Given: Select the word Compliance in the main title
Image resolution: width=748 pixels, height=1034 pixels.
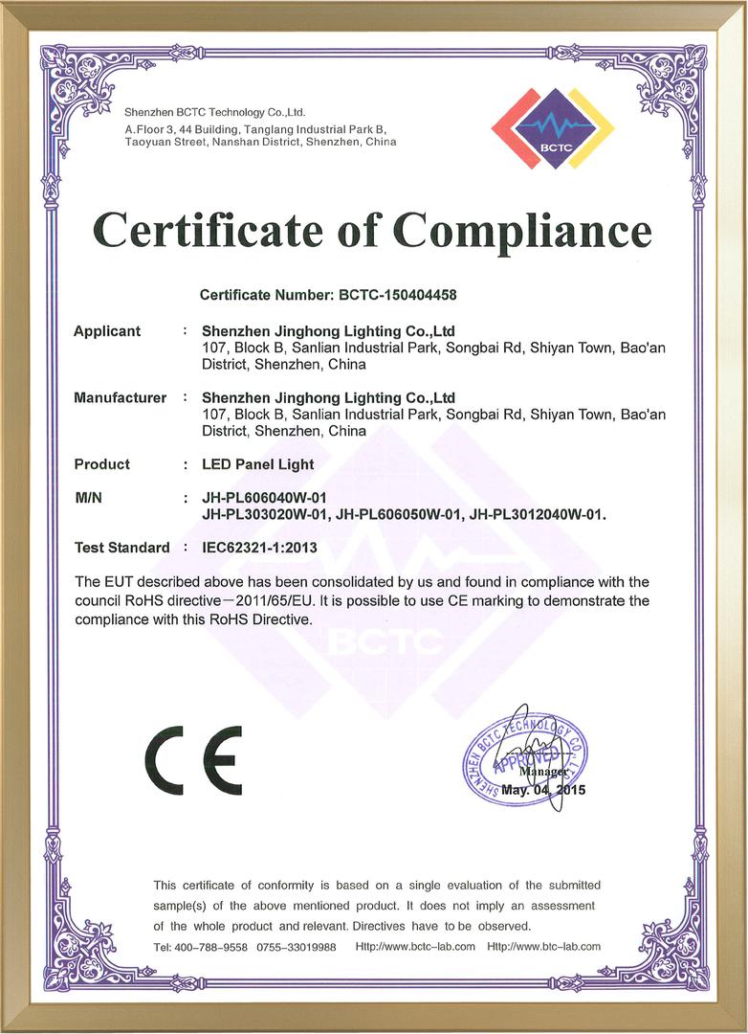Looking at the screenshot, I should point(523,231).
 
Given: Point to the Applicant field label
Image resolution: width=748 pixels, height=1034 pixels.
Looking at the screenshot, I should point(107,331).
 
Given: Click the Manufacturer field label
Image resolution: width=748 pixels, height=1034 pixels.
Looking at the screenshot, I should point(120,397).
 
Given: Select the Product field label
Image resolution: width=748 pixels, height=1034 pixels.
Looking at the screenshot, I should point(101,464).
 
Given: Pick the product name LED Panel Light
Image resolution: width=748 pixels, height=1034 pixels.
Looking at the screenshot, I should point(258,464).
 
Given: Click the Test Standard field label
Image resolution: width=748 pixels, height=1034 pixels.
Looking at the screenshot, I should point(121,549).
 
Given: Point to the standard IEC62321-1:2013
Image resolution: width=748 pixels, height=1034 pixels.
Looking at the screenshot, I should point(259,549).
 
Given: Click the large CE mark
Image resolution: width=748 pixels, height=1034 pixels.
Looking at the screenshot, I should point(193,759).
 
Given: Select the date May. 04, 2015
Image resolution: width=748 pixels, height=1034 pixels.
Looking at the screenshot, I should point(542,791).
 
